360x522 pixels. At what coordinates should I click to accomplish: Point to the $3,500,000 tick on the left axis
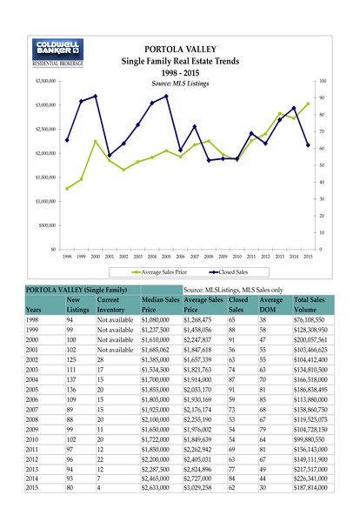44,80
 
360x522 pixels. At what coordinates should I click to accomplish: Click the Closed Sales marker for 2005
166,96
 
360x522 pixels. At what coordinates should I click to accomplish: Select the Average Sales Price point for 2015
308,104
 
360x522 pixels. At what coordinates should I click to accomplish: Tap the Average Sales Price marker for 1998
67,189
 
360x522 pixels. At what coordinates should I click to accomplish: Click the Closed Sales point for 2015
308,145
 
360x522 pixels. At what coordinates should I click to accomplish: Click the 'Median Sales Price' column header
160,303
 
